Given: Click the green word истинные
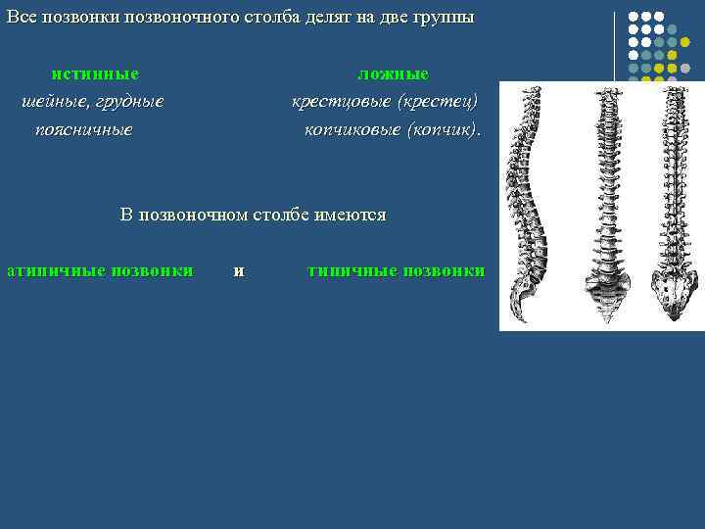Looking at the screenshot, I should (95, 74).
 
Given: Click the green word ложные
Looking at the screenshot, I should (393, 74).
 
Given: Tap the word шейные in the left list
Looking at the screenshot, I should (55, 102).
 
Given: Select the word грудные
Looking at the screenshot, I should (128, 102).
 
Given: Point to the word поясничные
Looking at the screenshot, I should (83, 129).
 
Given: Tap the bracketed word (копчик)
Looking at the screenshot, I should (445, 129).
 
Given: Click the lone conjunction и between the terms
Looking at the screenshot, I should (238, 270).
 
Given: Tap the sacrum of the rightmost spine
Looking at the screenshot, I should (675, 293).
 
